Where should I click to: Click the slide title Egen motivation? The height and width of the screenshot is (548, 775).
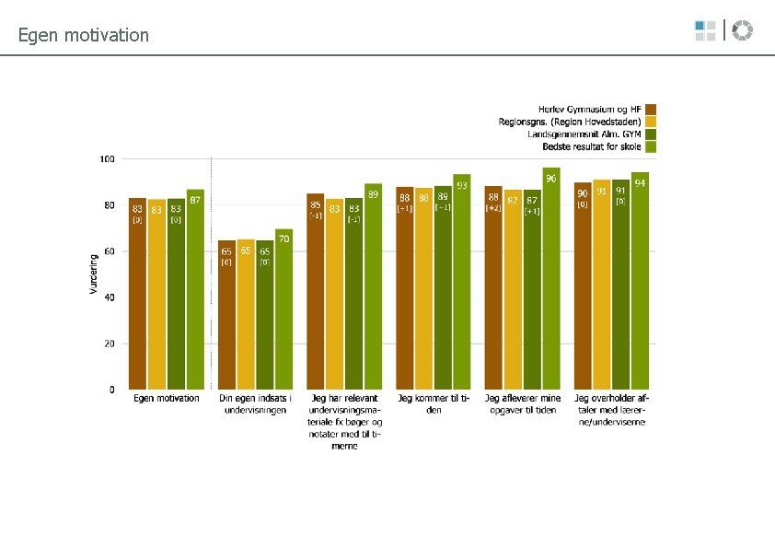coord(83,36)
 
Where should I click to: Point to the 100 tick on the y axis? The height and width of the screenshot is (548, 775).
coord(107,159)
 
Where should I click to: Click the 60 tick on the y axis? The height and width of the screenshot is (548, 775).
coord(110,251)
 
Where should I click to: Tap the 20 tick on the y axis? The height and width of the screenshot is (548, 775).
coord(110,344)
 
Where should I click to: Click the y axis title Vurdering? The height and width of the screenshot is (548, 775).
coord(93,274)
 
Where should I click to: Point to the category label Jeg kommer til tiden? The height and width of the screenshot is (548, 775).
coord(434,404)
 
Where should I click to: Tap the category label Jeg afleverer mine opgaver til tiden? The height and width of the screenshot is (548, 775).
coord(522,404)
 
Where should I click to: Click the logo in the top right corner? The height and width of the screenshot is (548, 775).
coord(723,30)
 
